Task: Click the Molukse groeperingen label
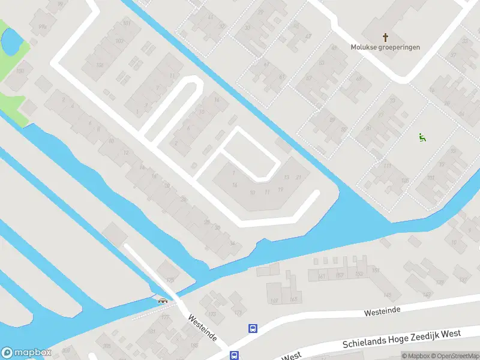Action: [x=385, y=47]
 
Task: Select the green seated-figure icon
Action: [x=422, y=137]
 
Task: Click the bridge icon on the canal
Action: [x=162, y=300]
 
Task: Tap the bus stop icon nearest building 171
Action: [x=253, y=328]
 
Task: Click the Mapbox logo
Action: [x=26, y=353]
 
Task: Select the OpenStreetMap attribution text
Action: [x=454, y=356]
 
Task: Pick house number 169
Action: [x=275, y=300]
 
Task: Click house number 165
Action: [x=293, y=298]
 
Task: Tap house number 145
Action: [x=388, y=295]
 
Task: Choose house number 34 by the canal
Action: [x=232, y=242]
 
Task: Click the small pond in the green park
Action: [x=10, y=41]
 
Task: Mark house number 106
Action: [x=405, y=180]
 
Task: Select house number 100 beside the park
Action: [x=20, y=71]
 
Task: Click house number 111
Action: [x=388, y=165]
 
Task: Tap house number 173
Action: [x=211, y=313]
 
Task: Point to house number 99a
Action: [x=42, y=27]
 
